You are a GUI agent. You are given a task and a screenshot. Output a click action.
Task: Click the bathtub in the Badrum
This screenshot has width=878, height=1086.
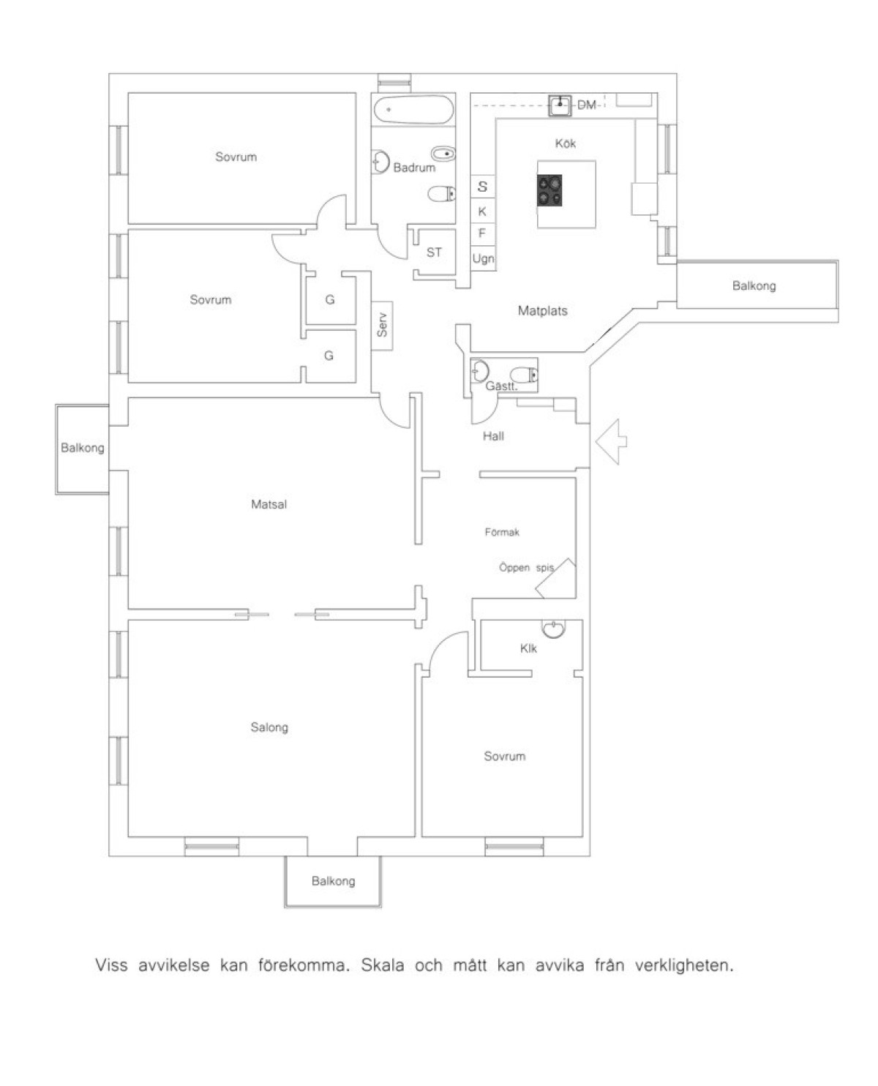[x=413, y=110]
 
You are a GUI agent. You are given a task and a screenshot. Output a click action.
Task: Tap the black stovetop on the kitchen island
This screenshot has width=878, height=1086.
[x=549, y=190]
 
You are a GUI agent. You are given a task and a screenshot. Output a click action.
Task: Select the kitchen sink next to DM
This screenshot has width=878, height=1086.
[x=560, y=105]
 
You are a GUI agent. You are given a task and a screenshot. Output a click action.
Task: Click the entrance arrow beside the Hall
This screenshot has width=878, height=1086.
[x=611, y=441]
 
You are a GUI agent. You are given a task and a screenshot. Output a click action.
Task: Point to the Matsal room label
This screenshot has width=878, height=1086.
[x=269, y=504]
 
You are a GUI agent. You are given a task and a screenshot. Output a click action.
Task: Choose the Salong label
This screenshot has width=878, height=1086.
[x=269, y=727]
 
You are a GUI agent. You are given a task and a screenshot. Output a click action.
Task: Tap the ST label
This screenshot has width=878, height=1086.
[x=434, y=252]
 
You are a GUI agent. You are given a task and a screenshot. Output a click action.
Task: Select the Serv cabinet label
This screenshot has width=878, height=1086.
[x=382, y=325]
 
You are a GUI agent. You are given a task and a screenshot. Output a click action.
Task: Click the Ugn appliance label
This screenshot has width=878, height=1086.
[x=483, y=259]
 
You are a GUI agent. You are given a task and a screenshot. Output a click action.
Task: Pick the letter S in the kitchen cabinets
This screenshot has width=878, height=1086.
[x=482, y=187]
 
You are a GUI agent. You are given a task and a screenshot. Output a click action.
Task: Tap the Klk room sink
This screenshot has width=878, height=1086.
[x=553, y=629]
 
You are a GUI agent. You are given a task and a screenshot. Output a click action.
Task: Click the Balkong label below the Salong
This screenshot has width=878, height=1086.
[x=333, y=881]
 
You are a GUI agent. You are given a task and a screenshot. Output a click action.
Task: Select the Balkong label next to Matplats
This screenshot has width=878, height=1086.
[x=754, y=285]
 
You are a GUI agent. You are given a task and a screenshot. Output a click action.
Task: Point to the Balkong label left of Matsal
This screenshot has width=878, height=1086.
[x=82, y=448]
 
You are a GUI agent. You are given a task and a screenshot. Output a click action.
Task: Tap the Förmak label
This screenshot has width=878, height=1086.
[x=502, y=532]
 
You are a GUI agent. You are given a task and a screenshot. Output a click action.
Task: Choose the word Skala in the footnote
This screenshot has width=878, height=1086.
[x=382, y=965]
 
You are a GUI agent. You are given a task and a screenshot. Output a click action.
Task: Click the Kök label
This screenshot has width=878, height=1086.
[x=565, y=143]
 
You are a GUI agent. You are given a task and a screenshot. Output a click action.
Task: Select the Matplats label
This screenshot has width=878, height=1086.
[x=542, y=310]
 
